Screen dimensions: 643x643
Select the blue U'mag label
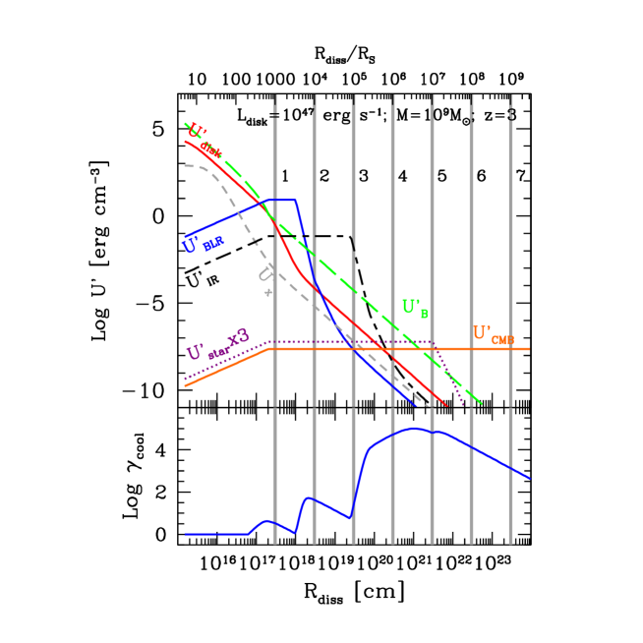pos(203,244)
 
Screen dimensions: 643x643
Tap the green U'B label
pos(415,308)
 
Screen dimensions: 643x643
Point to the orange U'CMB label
pos(493,334)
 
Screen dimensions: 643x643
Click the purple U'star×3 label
pos(217,348)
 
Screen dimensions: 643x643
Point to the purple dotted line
pos(354,342)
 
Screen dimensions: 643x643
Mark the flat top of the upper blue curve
pos(283,200)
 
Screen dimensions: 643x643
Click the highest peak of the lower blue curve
pos(415,428)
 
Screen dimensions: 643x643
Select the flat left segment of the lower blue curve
pos(216,534)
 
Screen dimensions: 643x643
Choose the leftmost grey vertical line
pos(274,472)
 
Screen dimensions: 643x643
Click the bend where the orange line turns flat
pos(270,349)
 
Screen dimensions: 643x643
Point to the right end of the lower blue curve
pos(529,478)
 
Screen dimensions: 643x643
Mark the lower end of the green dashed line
pos(481,403)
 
